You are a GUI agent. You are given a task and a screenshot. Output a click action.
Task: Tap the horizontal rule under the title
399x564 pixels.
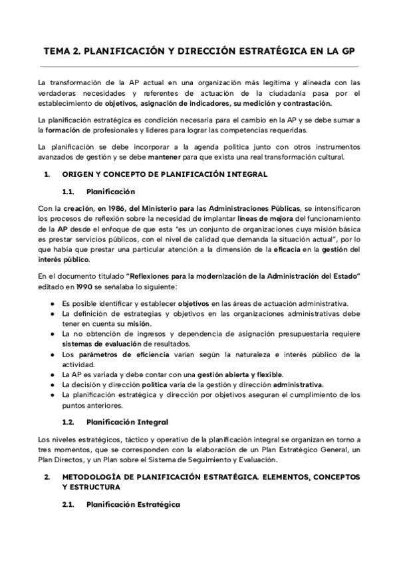pos(199,67)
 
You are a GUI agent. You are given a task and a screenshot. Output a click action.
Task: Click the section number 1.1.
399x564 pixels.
pos(67,191)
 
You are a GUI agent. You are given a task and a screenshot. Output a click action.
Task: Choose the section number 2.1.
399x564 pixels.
pos(67,505)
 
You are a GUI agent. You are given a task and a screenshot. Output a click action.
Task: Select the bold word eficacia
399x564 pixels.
pos(289,249)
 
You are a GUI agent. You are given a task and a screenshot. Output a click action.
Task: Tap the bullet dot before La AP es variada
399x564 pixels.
pos(53,374)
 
